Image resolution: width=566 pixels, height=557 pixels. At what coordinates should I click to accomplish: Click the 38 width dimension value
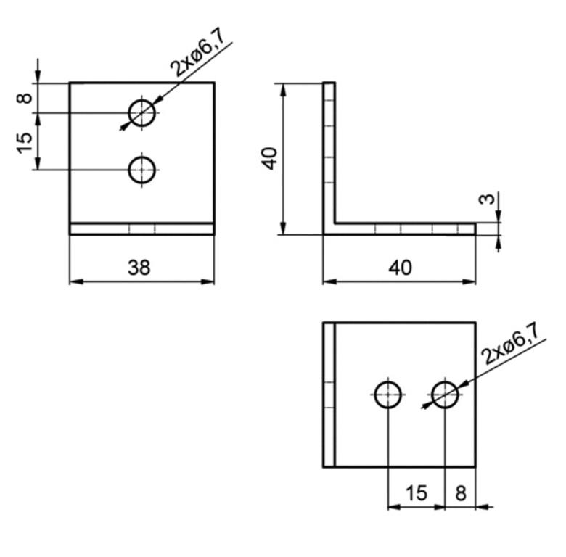[139, 268]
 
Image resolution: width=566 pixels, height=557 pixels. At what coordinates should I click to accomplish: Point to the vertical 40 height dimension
[271, 158]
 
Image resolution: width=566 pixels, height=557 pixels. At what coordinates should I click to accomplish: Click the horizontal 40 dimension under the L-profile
[400, 268]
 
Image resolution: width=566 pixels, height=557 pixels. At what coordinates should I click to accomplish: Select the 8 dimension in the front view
[25, 98]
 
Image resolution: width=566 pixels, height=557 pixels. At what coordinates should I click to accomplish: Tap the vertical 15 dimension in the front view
[25, 143]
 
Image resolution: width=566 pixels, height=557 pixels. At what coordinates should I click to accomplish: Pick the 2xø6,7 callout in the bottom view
[509, 343]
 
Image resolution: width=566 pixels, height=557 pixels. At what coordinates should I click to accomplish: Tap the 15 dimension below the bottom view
[417, 493]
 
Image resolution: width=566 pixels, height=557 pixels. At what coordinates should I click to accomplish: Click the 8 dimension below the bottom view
[461, 493]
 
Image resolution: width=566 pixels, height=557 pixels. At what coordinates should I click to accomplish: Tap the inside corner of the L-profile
[335, 223]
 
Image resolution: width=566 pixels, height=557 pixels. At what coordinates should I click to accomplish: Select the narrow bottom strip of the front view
[141, 228]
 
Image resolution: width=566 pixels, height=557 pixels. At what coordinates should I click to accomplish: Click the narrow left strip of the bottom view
[329, 395]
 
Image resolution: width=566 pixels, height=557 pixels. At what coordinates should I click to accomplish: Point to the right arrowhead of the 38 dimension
[208, 281]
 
